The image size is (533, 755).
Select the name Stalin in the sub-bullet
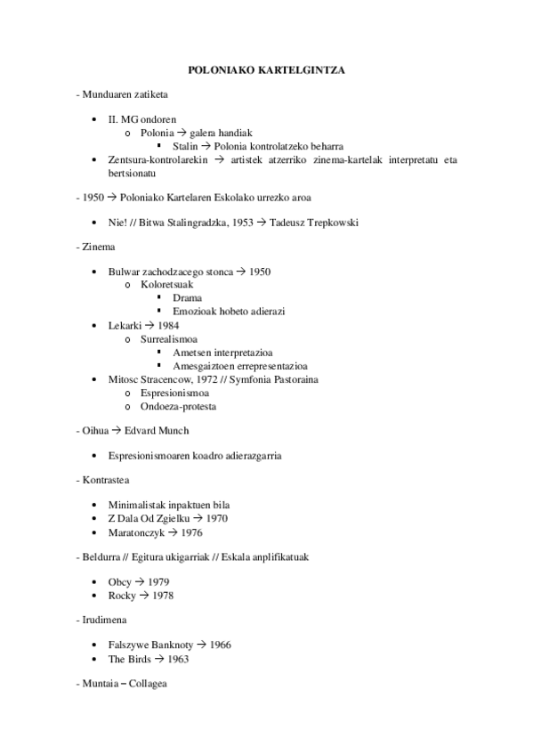pyautogui.click(x=185, y=146)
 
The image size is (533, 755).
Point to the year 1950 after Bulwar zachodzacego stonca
pyautogui.click(x=260, y=272)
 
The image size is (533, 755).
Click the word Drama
pyautogui.click(x=187, y=297)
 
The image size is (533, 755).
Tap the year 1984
pyautogui.click(x=168, y=326)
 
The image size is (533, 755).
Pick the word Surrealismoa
pyautogui.click(x=169, y=339)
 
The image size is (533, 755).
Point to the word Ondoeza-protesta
pyautogui.click(x=178, y=407)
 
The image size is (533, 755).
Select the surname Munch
pyautogui.click(x=172, y=430)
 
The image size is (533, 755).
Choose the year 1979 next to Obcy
pyautogui.click(x=159, y=581)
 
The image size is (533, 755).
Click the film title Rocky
pyautogui.click(x=122, y=595)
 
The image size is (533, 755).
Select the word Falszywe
pyautogui.click(x=129, y=645)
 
